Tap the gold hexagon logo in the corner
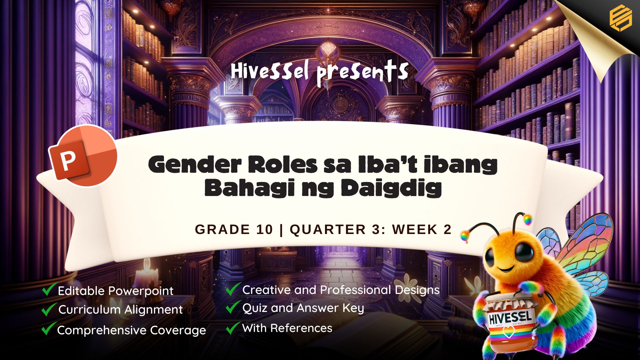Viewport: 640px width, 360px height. (621, 19)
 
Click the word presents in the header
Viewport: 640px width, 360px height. (362, 73)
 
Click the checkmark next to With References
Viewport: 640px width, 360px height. (233, 328)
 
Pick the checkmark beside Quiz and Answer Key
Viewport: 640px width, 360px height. (233, 307)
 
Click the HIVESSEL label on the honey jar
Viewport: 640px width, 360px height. (510, 317)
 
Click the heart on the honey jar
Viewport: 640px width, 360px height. (508, 332)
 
